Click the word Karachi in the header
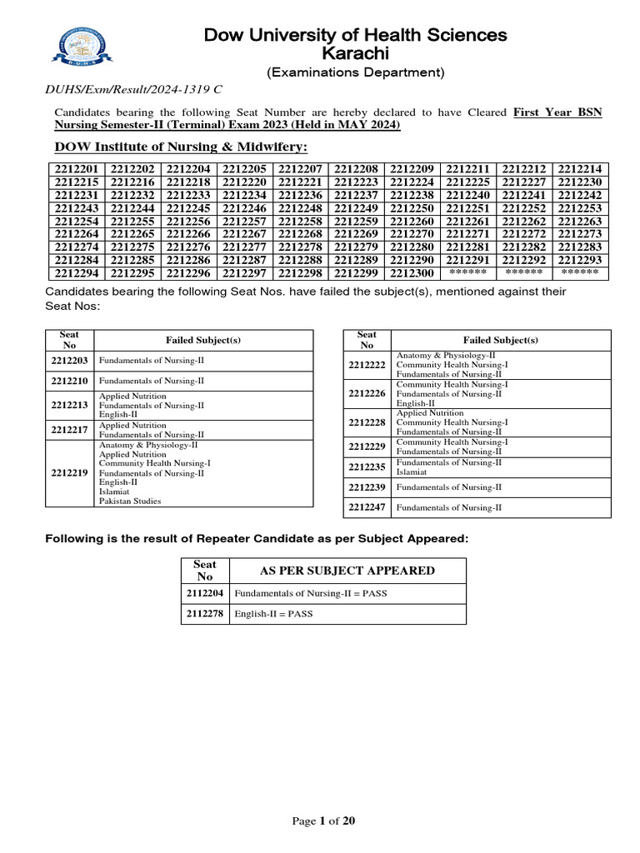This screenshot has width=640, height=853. [x=355, y=53]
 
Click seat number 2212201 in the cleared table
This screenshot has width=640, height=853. [x=76, y=169]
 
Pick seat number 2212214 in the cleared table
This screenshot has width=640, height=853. [x=580, y=169]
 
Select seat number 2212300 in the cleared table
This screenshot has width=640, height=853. [x=412, y=273]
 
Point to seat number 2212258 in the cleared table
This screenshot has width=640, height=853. [x=300, y=222]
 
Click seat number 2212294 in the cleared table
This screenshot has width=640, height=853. [x=76, y=273]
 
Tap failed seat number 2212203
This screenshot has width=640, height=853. [x=69, y=361]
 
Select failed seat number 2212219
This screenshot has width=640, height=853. [x=69, y=472]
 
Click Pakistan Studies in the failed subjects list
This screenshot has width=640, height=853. [x=130, y=501]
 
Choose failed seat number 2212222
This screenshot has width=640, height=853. [x=367, y=365]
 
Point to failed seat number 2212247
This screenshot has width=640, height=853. [x=367, y=506]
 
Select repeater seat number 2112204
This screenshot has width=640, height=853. [x=204, y=593]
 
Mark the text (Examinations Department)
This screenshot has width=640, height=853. [x=355, y=72]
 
